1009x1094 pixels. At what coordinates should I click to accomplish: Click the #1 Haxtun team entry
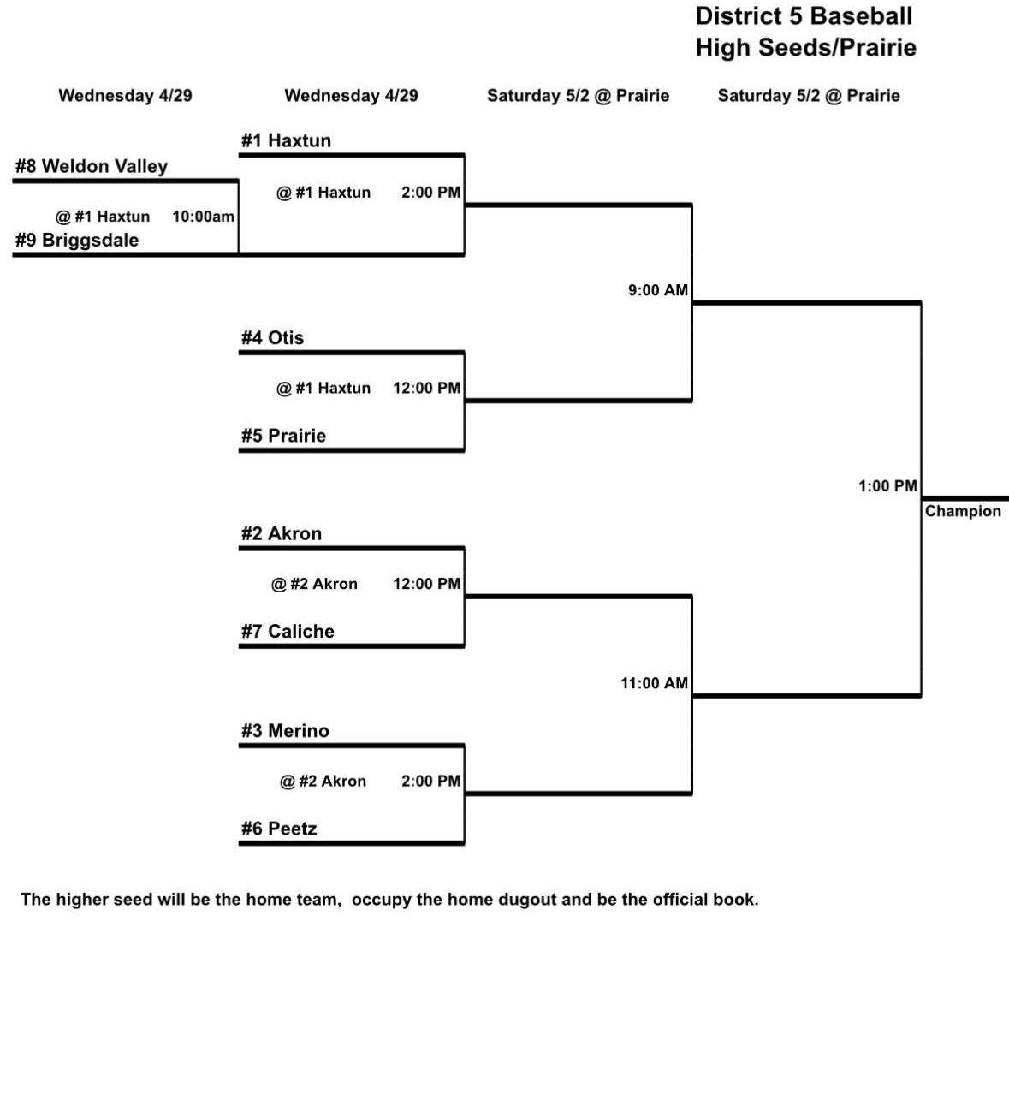286,141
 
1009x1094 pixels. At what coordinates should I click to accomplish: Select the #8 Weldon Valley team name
92,167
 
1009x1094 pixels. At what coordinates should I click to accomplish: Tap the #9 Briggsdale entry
77,241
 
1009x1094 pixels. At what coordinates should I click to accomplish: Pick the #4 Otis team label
272,338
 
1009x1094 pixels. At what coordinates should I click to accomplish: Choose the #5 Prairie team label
283,437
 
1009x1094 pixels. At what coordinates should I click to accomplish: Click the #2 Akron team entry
282,534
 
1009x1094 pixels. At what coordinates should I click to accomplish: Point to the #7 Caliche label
288,632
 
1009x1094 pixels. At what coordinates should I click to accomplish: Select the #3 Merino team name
285,731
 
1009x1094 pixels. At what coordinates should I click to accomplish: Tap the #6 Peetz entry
279,829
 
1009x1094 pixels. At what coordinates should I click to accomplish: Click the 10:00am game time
203,217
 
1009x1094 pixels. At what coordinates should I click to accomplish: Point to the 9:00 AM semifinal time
657,291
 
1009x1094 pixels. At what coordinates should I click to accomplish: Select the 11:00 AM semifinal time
654,684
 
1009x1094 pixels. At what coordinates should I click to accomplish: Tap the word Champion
963,512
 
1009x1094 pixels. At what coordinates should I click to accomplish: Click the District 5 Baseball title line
804,16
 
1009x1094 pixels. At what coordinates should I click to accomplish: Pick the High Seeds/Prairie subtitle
805,48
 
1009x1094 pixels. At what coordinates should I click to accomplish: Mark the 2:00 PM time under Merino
430,782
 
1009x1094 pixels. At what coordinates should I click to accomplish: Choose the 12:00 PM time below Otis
426,389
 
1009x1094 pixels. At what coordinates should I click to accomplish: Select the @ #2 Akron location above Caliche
314,585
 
